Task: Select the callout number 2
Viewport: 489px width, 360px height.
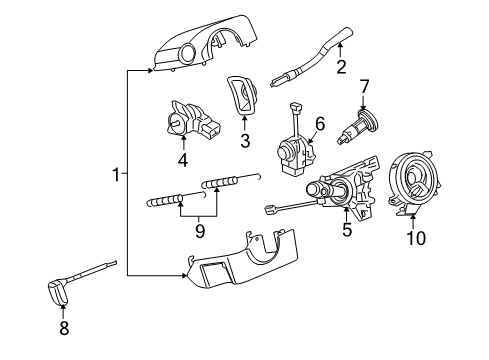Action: pyautogui.click(x=341, y=68)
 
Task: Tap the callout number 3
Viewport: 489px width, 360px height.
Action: pyautogui.click(x=243, y=141)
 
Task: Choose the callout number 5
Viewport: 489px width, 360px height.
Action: pyautogui.click(x=347, y=228)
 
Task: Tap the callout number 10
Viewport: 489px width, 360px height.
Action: pyautogui.click(x=414, y=237)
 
